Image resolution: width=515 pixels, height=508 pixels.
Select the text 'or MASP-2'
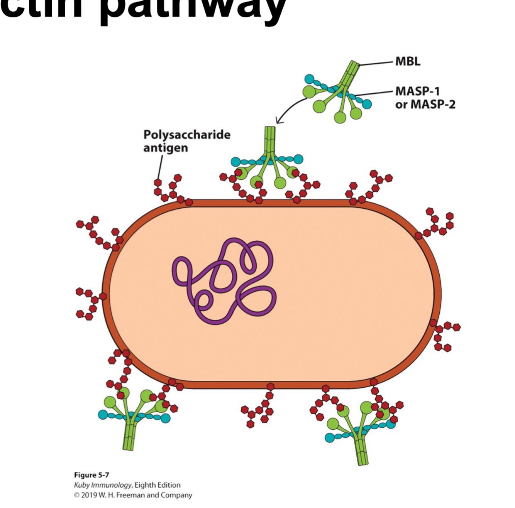coord(425,104)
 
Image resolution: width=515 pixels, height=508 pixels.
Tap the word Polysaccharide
coord(187,135)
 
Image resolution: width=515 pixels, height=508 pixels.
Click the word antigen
coord(165,148)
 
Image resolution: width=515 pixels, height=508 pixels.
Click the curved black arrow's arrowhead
coord(279,120)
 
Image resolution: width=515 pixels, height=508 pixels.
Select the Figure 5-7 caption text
coord(91,475)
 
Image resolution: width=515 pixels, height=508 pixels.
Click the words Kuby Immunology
coord(103,485)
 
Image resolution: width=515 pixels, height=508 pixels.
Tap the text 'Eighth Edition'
coord(157,485)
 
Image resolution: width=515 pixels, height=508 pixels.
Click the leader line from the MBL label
coord(376,63)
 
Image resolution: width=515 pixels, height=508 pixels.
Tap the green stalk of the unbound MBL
coord(352,71)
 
